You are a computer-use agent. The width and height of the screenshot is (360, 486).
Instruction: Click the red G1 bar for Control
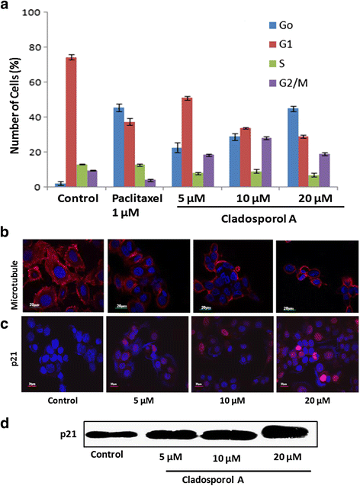point(70,122)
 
